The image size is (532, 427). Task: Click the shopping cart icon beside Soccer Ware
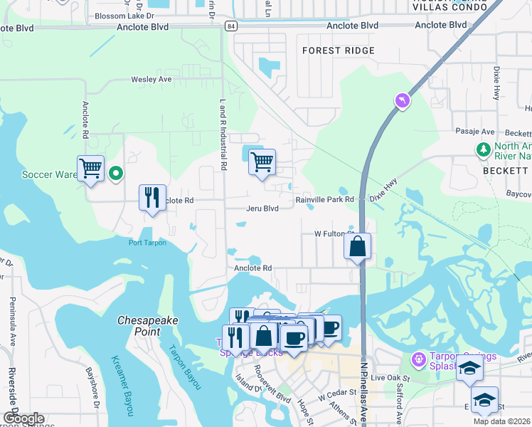(90, 169)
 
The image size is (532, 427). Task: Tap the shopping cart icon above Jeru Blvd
(262, 162)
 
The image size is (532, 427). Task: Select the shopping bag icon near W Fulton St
(357, 247)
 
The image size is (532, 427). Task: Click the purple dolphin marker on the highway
(403, 102)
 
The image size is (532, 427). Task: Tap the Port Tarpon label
(147, 243)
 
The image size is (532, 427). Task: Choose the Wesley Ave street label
(150, 80)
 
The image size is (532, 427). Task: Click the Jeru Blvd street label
(262, 209)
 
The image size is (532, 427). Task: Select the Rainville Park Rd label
(325, 200)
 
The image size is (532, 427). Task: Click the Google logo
(23, 418)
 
